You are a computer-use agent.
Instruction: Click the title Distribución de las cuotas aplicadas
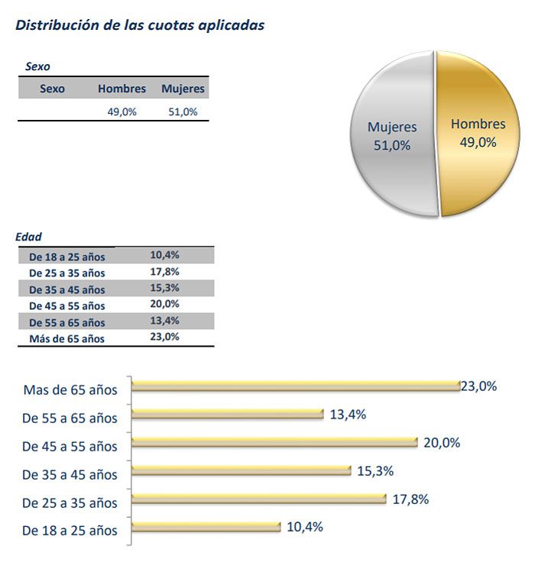(x=140, y=25)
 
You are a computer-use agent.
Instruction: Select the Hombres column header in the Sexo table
(x=122, y=89)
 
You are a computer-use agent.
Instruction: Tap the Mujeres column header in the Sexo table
(x=183, y=89)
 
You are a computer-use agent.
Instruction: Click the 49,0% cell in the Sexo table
(x=122, y=111)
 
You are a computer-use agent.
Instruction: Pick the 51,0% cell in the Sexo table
(x=183, y=111)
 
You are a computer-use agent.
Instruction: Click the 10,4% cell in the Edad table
(x=165, y=255)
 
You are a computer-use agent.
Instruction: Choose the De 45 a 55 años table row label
(x=66, y=305)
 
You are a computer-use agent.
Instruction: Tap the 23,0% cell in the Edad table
(x=165, y=337)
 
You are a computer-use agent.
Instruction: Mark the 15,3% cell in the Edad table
(x=165, y=288)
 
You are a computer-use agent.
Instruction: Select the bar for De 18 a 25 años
(x=206, y=526)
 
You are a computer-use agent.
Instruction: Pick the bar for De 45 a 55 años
(x=275, y=442)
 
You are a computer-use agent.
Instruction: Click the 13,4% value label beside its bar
(x=349, y=415)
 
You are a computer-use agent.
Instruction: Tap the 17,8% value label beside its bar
(x=410, y=499)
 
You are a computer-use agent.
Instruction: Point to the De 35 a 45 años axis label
(x=70, y=475)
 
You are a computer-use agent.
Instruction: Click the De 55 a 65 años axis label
(x=70, y=418)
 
